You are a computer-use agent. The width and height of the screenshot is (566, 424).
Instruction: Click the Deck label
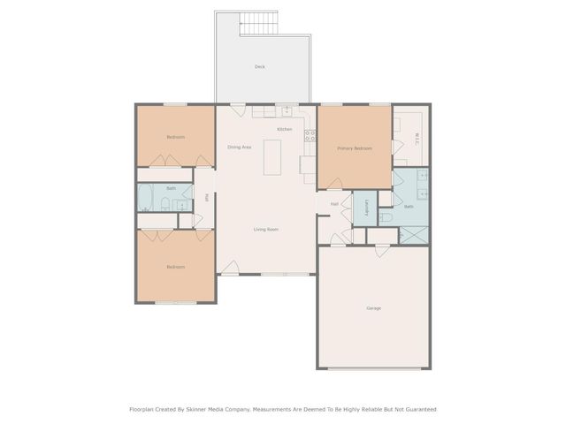[260, 66]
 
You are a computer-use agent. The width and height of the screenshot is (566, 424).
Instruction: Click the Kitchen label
[284, 130]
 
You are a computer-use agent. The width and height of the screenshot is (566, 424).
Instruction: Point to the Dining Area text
[240, 147]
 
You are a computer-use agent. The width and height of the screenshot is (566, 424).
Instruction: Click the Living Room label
[266, 230]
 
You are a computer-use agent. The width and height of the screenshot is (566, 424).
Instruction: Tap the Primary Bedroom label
[354, 148]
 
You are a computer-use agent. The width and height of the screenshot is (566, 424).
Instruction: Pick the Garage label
[374, 308]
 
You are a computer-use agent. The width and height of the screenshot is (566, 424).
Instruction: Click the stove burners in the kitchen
[310, 136]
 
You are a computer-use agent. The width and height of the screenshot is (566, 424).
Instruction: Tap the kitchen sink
[287, 110]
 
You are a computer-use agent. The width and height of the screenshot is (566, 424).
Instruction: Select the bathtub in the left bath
[148, 196]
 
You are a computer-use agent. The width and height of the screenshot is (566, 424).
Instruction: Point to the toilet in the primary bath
[386, 217]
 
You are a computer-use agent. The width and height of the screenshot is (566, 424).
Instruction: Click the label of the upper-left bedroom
[175, 137]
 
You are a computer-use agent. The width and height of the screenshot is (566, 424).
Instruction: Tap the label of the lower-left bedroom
[175, 267]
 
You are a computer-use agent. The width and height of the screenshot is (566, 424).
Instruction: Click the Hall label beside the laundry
[335, 204]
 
